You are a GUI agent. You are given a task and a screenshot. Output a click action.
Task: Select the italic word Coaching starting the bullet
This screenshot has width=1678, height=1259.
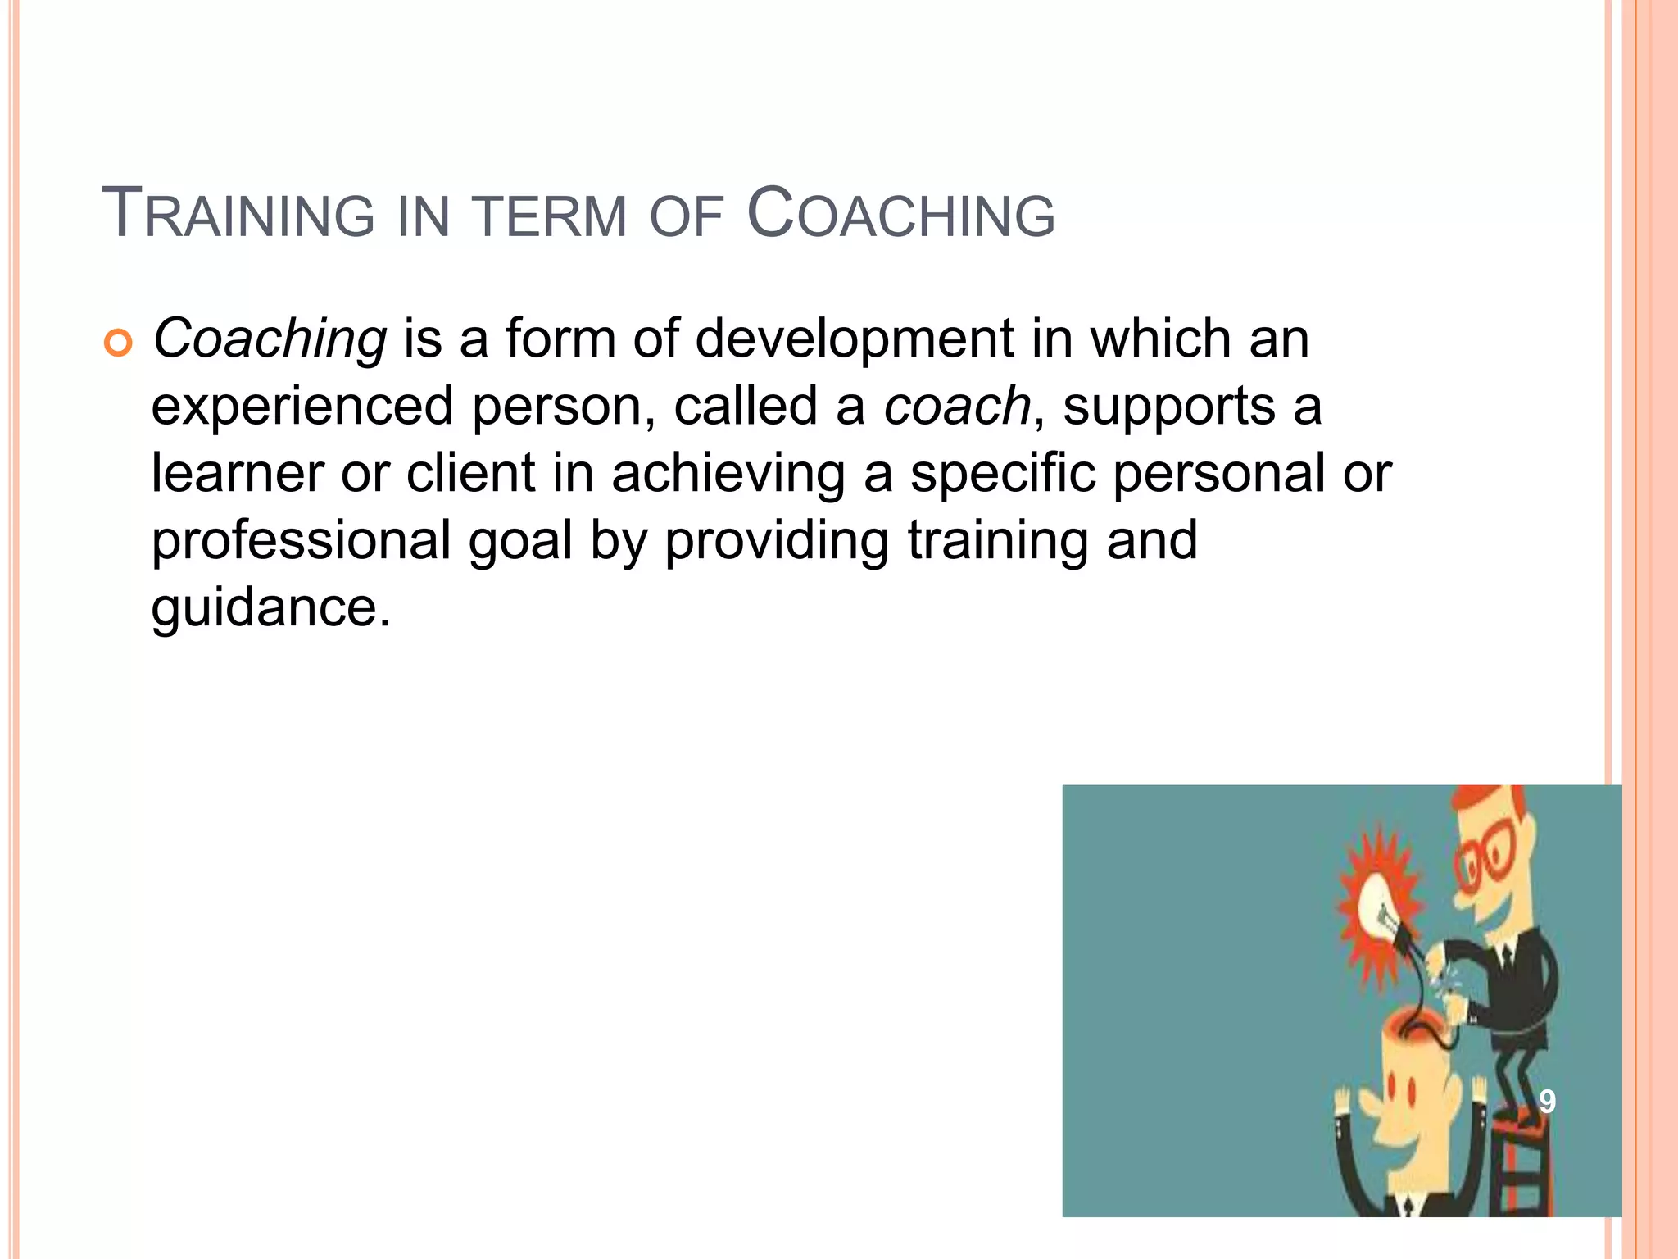coord(270,339)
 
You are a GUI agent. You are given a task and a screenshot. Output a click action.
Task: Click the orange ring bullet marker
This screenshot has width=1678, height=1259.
coord(118,344)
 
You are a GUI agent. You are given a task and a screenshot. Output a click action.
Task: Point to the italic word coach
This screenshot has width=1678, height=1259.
coord(956,406)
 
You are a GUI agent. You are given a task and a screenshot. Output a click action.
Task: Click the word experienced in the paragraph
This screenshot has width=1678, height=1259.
coord(302,407)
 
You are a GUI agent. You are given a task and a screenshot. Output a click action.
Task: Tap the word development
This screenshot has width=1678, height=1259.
coord(854,339)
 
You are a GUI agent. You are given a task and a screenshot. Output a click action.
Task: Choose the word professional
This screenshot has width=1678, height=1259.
coord(301,541)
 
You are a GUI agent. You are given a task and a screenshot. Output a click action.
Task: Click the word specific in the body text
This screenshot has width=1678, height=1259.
coord(1002,474)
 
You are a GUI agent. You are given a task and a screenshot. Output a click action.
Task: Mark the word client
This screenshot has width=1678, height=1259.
coord(470,474)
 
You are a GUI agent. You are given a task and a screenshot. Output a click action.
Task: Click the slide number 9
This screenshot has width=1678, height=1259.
coord(1546,1101)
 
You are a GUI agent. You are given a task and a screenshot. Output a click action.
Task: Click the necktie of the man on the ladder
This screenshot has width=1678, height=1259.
coord(1506,959)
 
